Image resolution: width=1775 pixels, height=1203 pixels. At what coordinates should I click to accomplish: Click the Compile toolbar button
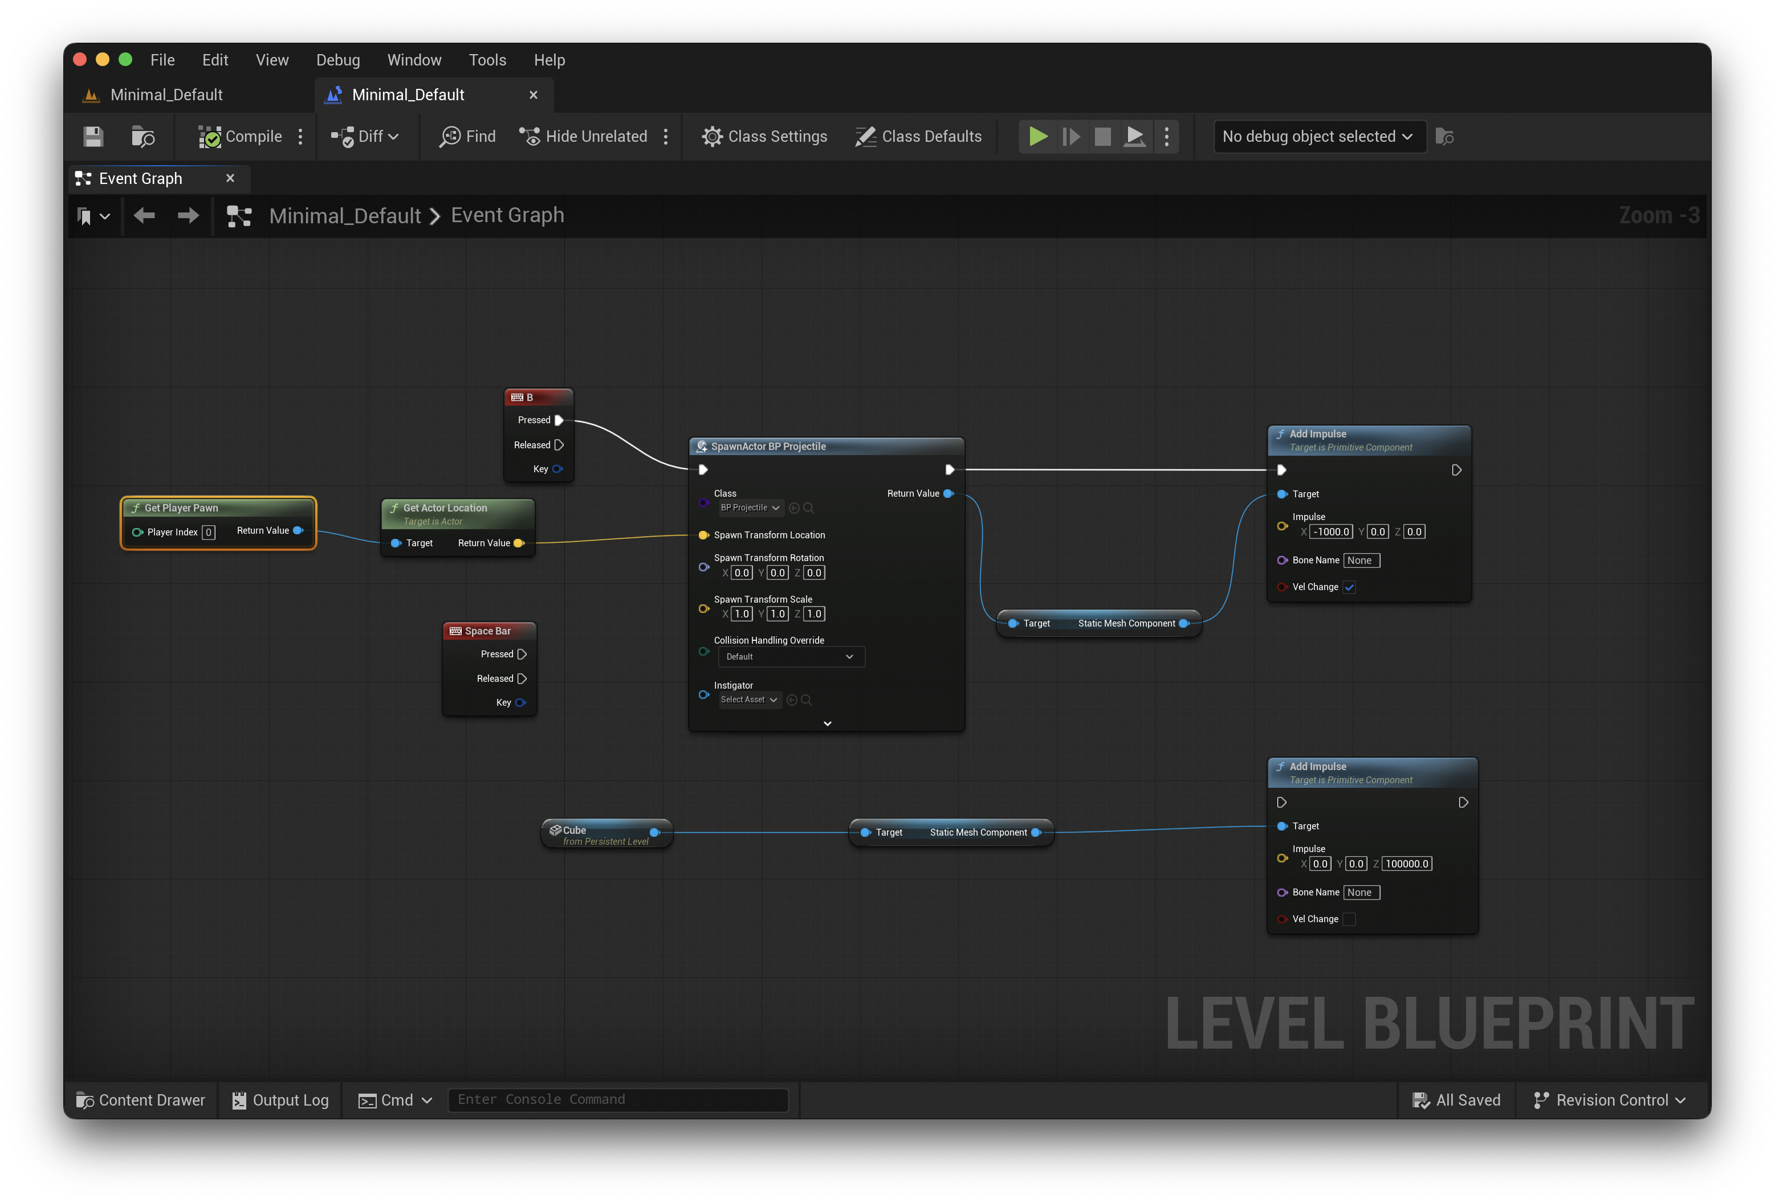(x=240, y=137)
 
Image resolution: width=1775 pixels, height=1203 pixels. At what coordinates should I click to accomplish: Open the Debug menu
(x=337, y=60)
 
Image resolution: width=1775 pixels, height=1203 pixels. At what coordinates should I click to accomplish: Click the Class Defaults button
(x=918, y=137)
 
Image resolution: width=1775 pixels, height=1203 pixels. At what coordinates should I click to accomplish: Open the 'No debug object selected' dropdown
(x=1318, y=137)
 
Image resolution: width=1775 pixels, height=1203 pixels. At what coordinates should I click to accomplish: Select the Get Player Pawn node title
(x=181, y=508)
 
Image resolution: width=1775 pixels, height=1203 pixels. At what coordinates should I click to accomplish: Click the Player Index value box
(x=209, y=532)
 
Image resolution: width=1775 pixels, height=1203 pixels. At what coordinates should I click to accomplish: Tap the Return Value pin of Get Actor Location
(x=519, y=543)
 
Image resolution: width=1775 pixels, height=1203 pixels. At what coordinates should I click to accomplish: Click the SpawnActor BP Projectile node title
(x=768, y=447)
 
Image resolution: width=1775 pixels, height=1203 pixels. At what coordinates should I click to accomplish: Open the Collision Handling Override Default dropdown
(x=791, y=656)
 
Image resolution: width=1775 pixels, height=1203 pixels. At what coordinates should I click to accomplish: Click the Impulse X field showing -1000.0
(x=1332, y=532)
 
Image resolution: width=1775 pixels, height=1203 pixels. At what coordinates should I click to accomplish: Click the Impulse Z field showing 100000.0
(x=1407, y=864)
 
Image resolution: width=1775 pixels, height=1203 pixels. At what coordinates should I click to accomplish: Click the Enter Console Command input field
(x=618, y=1099)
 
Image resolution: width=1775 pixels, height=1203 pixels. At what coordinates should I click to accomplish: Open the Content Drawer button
(x=141, y=1100)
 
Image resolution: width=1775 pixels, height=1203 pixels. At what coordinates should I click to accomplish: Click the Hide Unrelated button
(x=584, y=137)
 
